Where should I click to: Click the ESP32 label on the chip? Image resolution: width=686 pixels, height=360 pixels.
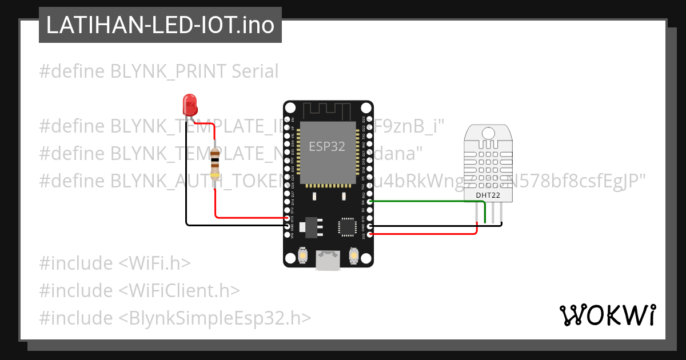pyautogui.click(x=326, y=146)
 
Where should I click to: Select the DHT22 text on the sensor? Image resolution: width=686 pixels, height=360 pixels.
pyautogui.click(x=488, y=195)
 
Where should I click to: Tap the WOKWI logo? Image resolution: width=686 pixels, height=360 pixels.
pyautogui.click(x=607, y=315)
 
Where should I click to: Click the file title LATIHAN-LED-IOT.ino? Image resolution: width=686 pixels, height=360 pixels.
pyautogui.click(x=160, y=25)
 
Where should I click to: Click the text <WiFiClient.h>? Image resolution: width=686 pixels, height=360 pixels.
pyautogui.click(x=179, y=290)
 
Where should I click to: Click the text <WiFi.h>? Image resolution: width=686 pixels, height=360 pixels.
pyautogui.click(x=154, y=263)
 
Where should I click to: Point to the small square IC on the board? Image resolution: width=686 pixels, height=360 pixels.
pyautogui.click(x=347, y=226)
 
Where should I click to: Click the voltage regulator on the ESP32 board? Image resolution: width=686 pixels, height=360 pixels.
pyautogui.click(x=312, y=226)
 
